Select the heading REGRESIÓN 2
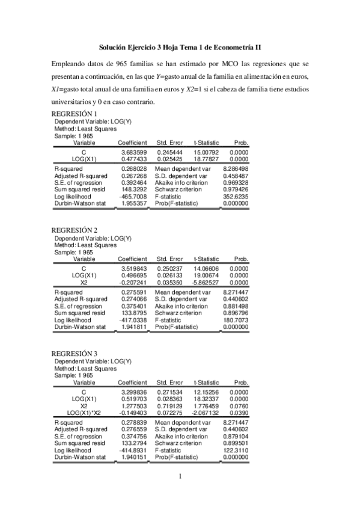point(74,230)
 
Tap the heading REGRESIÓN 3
point(74,352)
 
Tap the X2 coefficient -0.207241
point(133,283)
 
